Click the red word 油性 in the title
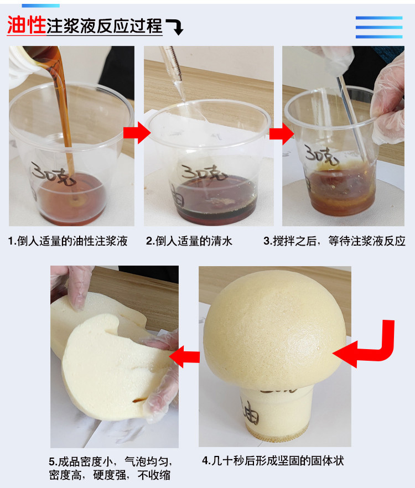click(x=25, y=24)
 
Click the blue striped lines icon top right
click(x=378, y=27)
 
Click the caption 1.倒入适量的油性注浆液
click(x=68, y=241)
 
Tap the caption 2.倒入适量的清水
click(x=189, y=241)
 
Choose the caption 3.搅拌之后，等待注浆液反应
click(x=334, y=241)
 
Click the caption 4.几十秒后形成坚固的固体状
click(x=273, y=460)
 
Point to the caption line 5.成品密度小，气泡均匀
click(x=111, y=461)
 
